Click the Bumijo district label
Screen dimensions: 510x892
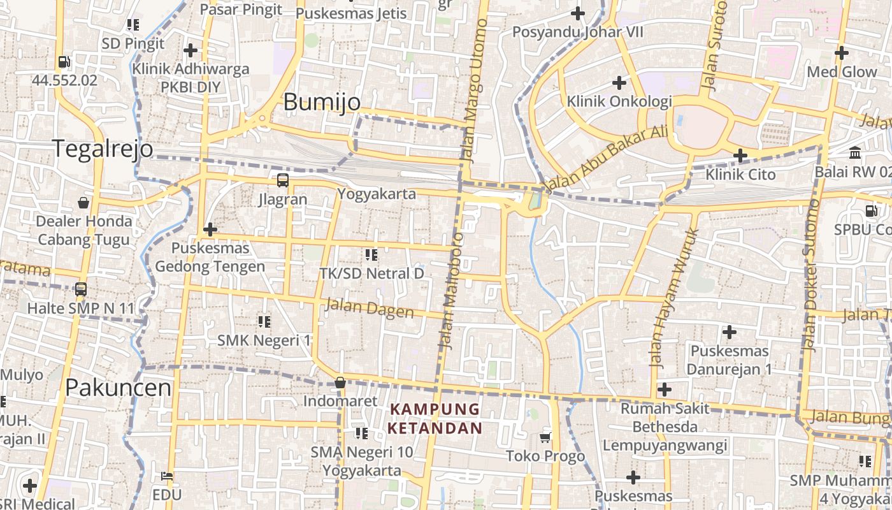coord(322,102)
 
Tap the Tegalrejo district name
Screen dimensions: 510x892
coord(103,149)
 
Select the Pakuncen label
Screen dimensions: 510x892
coord(119,388)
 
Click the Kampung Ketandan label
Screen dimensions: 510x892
coord(435,418)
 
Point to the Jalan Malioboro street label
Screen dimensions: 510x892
coord(451,290)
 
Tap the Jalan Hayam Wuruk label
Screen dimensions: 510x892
coord(674,298)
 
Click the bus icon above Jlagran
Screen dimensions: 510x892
coord(282,180)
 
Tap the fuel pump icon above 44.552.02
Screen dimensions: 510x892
coord(64,62)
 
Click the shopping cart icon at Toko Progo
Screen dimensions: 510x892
coord(545,437)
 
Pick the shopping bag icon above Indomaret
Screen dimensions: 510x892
coord(340,382)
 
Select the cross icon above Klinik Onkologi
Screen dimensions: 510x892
coord(619,82)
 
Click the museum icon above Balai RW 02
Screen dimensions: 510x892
coord(855,153)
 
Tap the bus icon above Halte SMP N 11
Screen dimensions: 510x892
coord(81,289)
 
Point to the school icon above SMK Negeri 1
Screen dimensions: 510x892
coord(264,321)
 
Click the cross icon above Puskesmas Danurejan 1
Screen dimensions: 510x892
coord(729,331)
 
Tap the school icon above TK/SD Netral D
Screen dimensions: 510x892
coord(371,255)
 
